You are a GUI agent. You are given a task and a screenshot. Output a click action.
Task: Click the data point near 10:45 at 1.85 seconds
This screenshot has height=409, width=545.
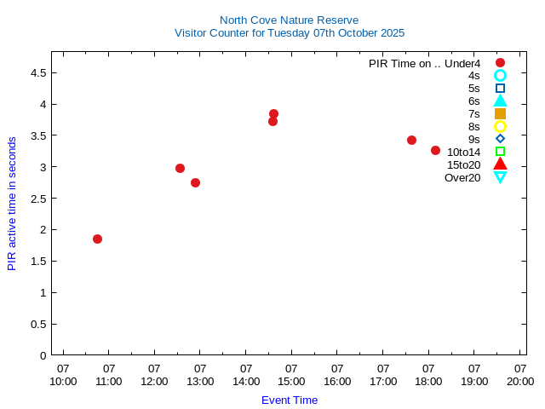[97, 239]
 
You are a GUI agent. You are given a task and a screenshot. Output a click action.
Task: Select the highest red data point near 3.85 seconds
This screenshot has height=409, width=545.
[273, 113]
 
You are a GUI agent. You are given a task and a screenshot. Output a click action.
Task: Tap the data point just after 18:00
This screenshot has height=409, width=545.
[435, 150]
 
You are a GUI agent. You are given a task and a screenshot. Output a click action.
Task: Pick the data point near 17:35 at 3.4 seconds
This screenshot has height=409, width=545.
[411, 140]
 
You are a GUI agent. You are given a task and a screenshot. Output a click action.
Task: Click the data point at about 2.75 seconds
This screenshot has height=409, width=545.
[195, 182]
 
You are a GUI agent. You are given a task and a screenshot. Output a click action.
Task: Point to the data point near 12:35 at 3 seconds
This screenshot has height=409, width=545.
[180, 168]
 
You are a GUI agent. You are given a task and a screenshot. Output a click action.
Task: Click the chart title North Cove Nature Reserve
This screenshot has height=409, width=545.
[289, 20]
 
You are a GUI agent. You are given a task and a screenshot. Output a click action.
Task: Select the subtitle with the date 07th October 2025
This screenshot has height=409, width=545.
[289, 33]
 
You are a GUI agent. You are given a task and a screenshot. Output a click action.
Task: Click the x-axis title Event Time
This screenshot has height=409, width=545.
[289, 400]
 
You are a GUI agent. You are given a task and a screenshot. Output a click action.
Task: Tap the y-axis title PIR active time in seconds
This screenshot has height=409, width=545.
[12, 203]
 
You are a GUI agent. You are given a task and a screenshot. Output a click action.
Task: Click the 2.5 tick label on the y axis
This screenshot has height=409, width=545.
[37, 199]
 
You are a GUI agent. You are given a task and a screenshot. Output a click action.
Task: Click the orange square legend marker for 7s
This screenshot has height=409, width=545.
[500, 113]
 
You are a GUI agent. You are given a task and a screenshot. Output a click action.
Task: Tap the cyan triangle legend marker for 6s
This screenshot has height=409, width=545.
[500, 101]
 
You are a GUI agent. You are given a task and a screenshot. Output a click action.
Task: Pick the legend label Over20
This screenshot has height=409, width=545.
[462, 177]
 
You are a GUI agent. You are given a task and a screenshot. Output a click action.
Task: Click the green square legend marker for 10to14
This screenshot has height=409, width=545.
[500, 152]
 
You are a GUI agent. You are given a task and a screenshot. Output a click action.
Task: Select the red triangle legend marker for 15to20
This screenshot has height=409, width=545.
[500, 164]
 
